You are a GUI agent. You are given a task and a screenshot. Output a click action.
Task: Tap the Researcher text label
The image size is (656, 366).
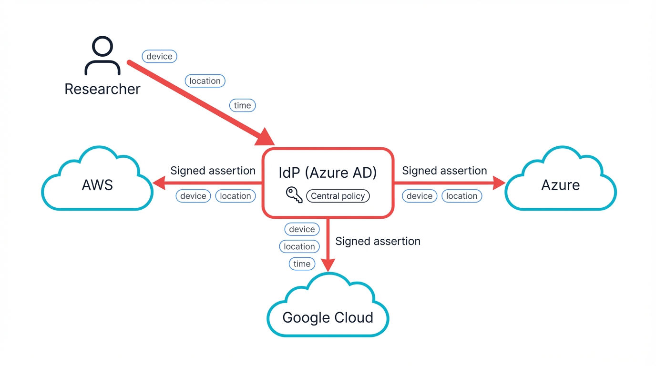[102, 89]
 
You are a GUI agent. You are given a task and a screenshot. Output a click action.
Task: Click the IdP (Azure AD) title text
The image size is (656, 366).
[328, 172]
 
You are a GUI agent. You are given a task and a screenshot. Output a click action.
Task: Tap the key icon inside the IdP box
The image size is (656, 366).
[294, 195]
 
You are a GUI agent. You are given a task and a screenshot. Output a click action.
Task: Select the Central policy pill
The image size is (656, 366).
[338, 196]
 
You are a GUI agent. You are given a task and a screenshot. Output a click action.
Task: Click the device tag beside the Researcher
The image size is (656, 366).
[159, 56]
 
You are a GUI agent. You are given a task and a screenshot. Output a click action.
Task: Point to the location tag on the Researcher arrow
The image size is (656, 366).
[205, 81]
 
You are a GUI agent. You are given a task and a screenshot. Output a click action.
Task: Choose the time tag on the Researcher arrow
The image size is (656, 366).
[242, 105]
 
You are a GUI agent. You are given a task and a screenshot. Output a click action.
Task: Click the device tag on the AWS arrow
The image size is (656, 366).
[193, 196]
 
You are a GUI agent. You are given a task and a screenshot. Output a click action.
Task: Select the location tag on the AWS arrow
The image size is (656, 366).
[235, 196]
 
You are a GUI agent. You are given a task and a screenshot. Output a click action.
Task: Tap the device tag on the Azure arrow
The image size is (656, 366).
[420, 196]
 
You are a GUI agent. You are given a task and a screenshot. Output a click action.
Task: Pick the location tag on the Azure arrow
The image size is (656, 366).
[461, 196]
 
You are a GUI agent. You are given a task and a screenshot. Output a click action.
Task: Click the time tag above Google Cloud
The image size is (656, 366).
[302, 264]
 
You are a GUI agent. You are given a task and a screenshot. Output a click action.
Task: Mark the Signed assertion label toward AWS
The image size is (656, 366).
[213, 171]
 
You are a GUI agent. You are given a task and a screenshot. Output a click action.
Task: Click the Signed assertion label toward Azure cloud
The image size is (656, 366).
[444, 171]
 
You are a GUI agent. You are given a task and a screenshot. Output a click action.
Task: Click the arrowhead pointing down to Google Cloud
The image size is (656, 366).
[328, 264]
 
